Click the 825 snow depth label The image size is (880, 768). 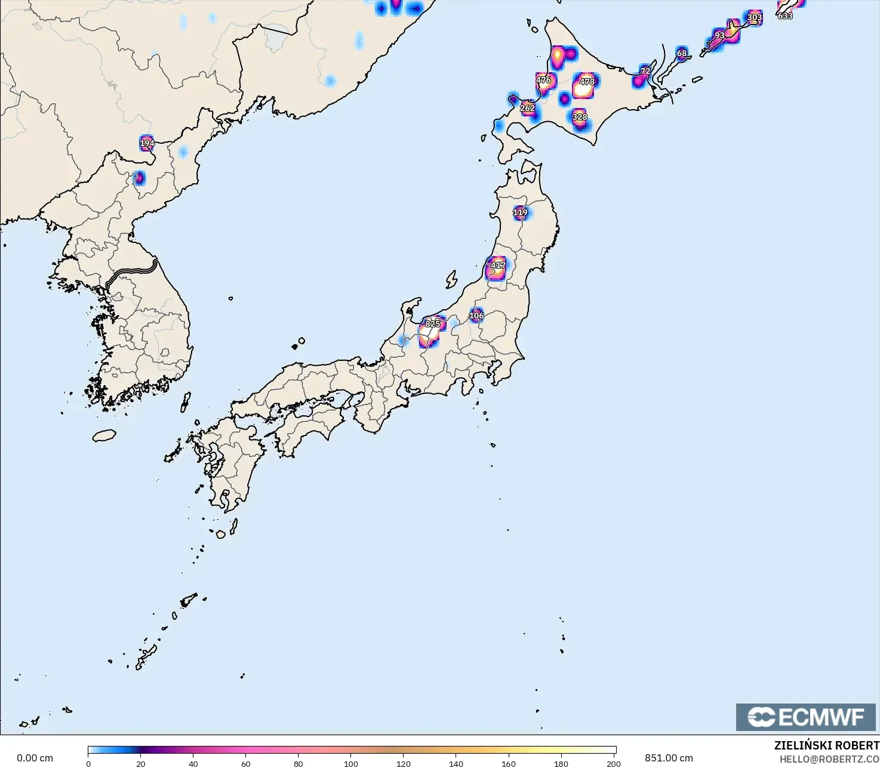point(433,324)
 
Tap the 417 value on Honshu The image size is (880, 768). point(498,265)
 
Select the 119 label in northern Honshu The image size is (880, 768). point(520,212)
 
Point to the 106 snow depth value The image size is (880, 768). point(476,316)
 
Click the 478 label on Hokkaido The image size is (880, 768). point(587,82)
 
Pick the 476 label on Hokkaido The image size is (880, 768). point(543,80)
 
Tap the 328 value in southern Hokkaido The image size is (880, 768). point(580,117)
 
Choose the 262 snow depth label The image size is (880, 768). point(527,108)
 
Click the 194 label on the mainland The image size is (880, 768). point(147,143)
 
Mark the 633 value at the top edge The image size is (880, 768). point(785,16)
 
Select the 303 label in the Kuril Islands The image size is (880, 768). point(755,17)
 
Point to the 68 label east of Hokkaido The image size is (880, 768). point(682,53)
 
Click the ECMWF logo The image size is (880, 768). point(805,717)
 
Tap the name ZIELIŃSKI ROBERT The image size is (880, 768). point(826,746)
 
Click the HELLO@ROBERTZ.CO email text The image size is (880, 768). point(829,759)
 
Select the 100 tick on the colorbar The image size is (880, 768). point(351,763)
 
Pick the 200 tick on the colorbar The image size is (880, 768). point(614,763)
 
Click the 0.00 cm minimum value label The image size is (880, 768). point(35,758)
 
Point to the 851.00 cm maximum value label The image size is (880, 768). point(669,758)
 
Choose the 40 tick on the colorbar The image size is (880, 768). point(193,763)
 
